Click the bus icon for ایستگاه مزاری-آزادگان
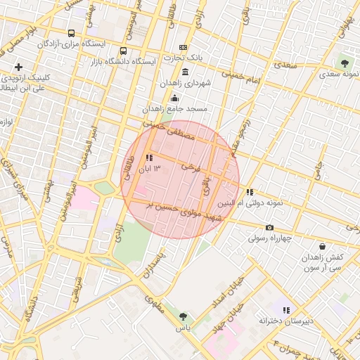[71, 33]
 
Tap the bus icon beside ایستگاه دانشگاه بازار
[124, 51]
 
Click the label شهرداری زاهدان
[186, 83]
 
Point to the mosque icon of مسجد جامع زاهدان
[174, 98]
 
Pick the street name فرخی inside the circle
[191, 167]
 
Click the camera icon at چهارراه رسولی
[269, 227]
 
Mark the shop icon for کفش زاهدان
[322, 246]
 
